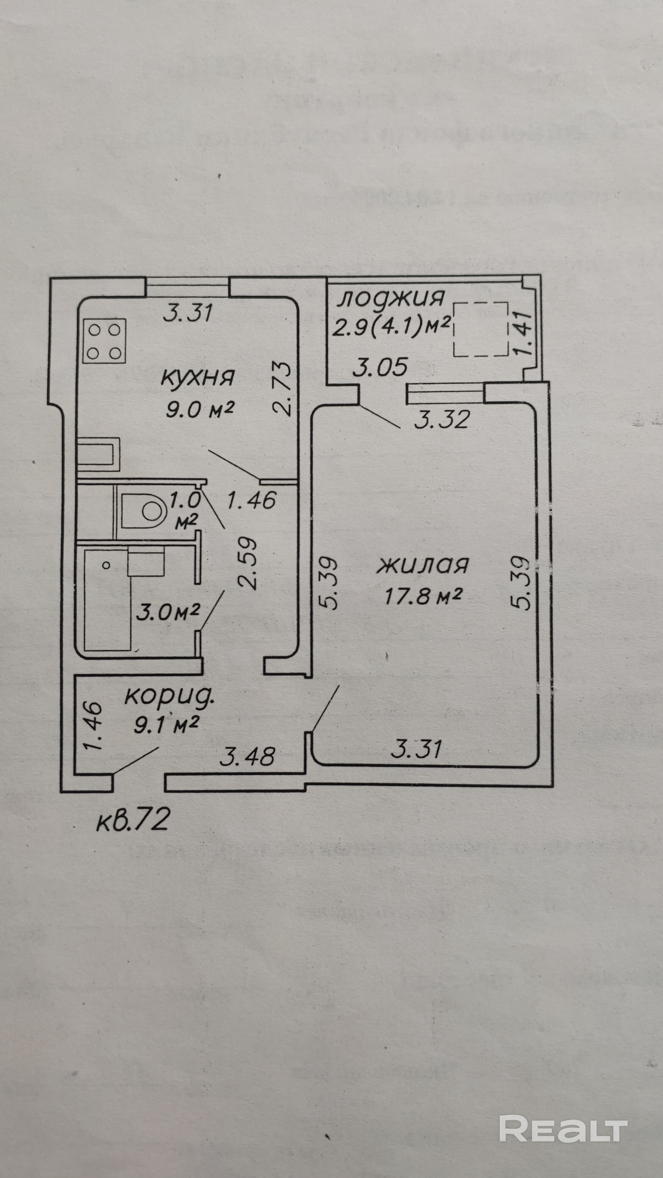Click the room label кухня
coord(198,378)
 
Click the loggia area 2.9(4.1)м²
coord(392,327)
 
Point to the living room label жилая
coord(422,565)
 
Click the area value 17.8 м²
coord(422,595)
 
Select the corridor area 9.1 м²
coord(166,726)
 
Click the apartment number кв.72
coord(133,819)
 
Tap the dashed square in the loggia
coord(481,329)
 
